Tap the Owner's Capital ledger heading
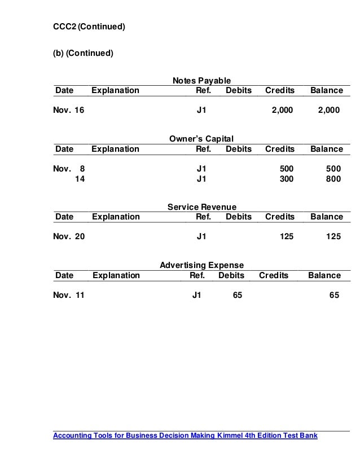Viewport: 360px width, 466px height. [201, 139]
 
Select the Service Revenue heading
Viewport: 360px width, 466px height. [201, 207]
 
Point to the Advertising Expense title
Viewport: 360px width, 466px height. [201, 265]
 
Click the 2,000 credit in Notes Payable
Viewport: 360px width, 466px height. [282, 111]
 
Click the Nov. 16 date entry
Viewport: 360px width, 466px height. [68, 111]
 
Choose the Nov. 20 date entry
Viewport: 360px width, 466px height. [68, 238]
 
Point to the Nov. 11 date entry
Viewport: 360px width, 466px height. [68, 294]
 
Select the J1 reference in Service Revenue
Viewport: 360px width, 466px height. [201, 238]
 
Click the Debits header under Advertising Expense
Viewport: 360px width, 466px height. [231, 275]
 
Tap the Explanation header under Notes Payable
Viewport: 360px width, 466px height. [115, 90]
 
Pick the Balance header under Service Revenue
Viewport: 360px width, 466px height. [326, 217]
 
